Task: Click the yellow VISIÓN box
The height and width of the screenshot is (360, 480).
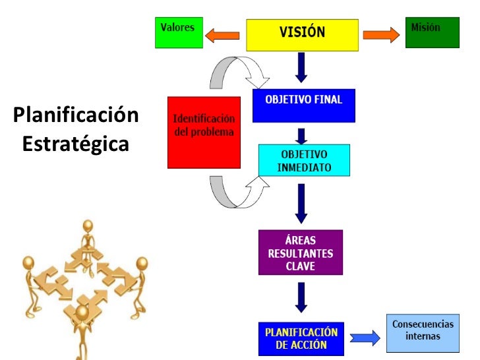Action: coord(302,34)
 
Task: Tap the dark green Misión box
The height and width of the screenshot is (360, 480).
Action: coord(431,32)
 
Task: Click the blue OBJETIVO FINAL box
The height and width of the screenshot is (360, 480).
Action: coord(303,105)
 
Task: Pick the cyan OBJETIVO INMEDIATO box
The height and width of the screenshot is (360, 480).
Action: coord(304,160)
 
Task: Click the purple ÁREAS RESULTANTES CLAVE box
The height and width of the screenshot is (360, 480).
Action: coord(300,252)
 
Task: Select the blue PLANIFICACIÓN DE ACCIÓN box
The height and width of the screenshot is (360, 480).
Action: coord(301,338)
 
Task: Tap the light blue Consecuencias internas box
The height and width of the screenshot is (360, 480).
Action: coord(423,336)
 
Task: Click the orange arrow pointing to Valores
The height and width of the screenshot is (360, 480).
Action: coord(222,34)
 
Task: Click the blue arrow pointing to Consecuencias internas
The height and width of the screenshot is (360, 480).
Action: coord(364,338)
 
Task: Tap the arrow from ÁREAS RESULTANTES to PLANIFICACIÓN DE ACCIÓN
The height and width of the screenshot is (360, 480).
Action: coord(301,297)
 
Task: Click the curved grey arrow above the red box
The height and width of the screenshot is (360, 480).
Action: coord(237,73)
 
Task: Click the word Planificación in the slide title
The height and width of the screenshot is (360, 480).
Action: coord(75,116)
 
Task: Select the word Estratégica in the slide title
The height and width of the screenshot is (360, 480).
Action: coord(75,143)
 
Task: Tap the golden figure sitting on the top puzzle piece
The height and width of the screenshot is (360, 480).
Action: coord(87,237)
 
